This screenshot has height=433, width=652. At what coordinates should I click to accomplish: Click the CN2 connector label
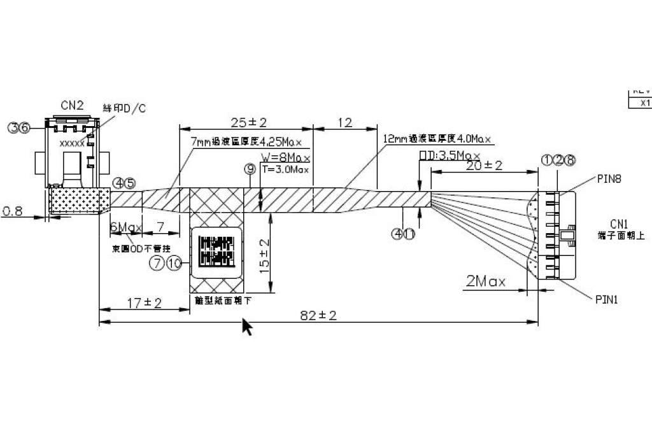[72, 106]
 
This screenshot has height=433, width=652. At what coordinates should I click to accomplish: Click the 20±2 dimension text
[484, 166]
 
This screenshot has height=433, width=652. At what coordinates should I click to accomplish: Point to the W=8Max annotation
[286, 157]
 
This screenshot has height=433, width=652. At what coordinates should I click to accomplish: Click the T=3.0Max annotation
[286, 169]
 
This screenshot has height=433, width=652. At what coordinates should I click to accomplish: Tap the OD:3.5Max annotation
[449, 155]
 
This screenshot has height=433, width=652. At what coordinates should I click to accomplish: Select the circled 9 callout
[250, 169]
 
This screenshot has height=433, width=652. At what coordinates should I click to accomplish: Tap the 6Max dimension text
[126, 227]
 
